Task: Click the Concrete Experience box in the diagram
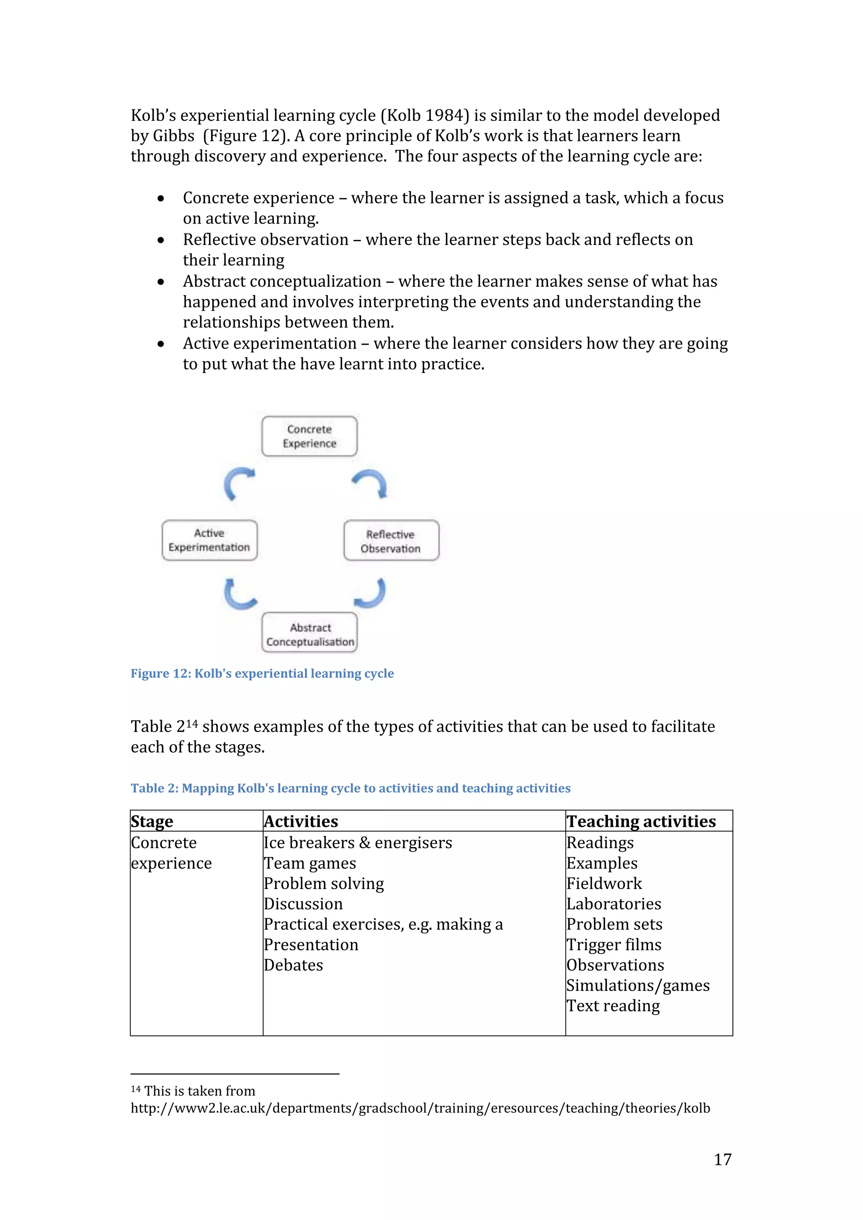coord(309,436)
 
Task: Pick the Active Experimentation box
coord(209,540)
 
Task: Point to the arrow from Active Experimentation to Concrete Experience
coord(238,482)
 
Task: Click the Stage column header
coord(152,821)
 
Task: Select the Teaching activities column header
coord(641,821)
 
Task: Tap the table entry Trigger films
coord(614,945)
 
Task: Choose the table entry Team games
coord(310,863)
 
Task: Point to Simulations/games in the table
coord(638,986)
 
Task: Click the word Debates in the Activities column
coord(294,965)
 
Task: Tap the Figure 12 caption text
coord(262,674)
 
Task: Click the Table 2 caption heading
coord(351,788)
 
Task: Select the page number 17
coord(722,1159)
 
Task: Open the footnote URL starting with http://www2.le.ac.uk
coord(420,1108)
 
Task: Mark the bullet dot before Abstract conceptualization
coord(161,282)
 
